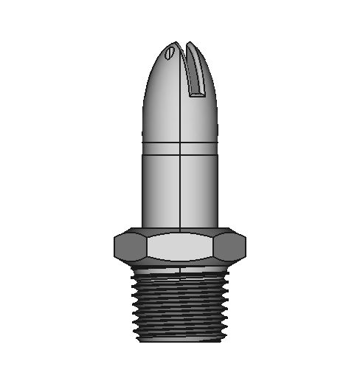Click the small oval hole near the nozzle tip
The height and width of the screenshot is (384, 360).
170,52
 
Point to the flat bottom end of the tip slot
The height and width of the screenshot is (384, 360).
196,93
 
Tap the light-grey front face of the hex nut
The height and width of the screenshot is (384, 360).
180,245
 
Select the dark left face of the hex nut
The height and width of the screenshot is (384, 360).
130,245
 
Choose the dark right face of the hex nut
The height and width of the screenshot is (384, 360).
230,245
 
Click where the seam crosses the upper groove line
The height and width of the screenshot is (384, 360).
180,141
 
